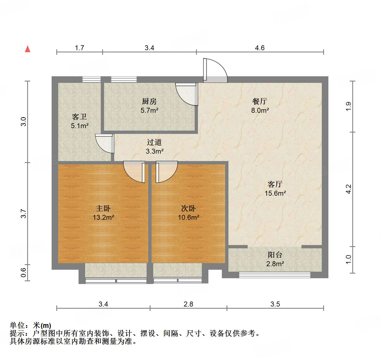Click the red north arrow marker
(x=27, y=49)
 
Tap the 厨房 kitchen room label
(x=149, y=102)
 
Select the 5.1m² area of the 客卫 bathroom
(x=80, y=126)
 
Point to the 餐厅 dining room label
(x=259, y=102)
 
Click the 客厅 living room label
(x=275, y=184)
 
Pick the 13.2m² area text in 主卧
(x=103, y=218)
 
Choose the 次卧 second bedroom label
(x=188, y=209)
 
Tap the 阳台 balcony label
(x=275, y=255)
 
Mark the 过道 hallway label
(x=154, y=142)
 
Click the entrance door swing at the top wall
(x=215, y=71)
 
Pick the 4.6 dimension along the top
(x=260, y=48)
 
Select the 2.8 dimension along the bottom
(x=189, y=304)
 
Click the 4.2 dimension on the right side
(x=348, y=189)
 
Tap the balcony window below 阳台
(x=275, y=274)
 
